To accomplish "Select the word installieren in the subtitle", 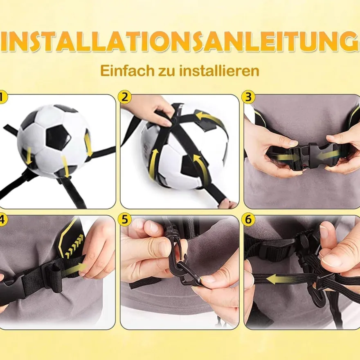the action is click(x=219, y=70).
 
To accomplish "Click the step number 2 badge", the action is click(x=125, y=97).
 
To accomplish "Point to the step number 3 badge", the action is click(x=248, y=97).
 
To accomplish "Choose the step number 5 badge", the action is click(x=125, y=220).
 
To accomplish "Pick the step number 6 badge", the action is click(x=248, y=220).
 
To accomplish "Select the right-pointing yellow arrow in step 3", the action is click(x=286, y=157).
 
